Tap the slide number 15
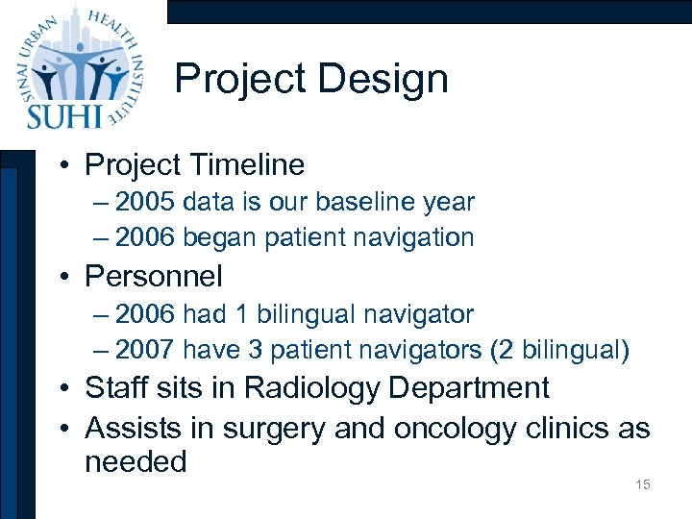(x=642, y=484)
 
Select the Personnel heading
(x=154, y=277)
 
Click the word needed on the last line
(x=135, y=462)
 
